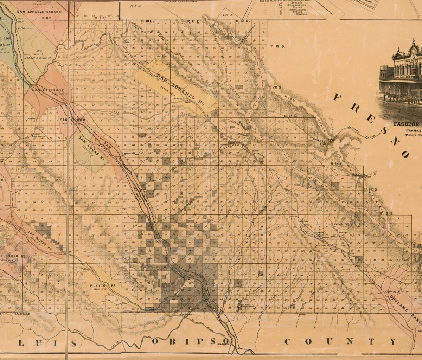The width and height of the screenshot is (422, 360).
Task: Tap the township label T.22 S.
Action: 371,189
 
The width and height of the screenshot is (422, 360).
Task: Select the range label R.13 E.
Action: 291,116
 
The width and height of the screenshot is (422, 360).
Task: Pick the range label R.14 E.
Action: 337,164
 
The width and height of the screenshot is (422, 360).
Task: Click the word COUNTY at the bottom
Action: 340,341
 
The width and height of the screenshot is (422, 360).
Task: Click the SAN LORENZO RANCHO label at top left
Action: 39,12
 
